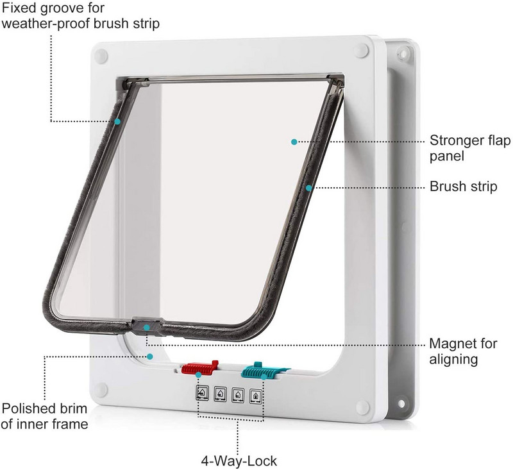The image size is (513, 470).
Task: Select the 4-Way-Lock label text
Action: pyautogui.click(x=239, y=460)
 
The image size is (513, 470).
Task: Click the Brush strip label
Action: pyautogui.click(x=463, y=187)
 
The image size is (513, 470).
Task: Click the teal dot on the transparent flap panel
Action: pyautogui.click(x=294, y=141)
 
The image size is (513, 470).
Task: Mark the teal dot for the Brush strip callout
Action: pyautogui.click(x=308, y=187)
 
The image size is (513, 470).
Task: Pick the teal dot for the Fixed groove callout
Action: pyautogui.click(x=118, y=121)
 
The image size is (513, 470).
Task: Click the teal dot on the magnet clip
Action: pyautogui.click(x=147, y=328)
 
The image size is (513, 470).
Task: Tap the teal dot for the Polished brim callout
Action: pyautogui.click(x=150, y=355)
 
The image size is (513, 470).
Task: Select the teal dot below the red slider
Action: pyautogui.click(x=199, y=374)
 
